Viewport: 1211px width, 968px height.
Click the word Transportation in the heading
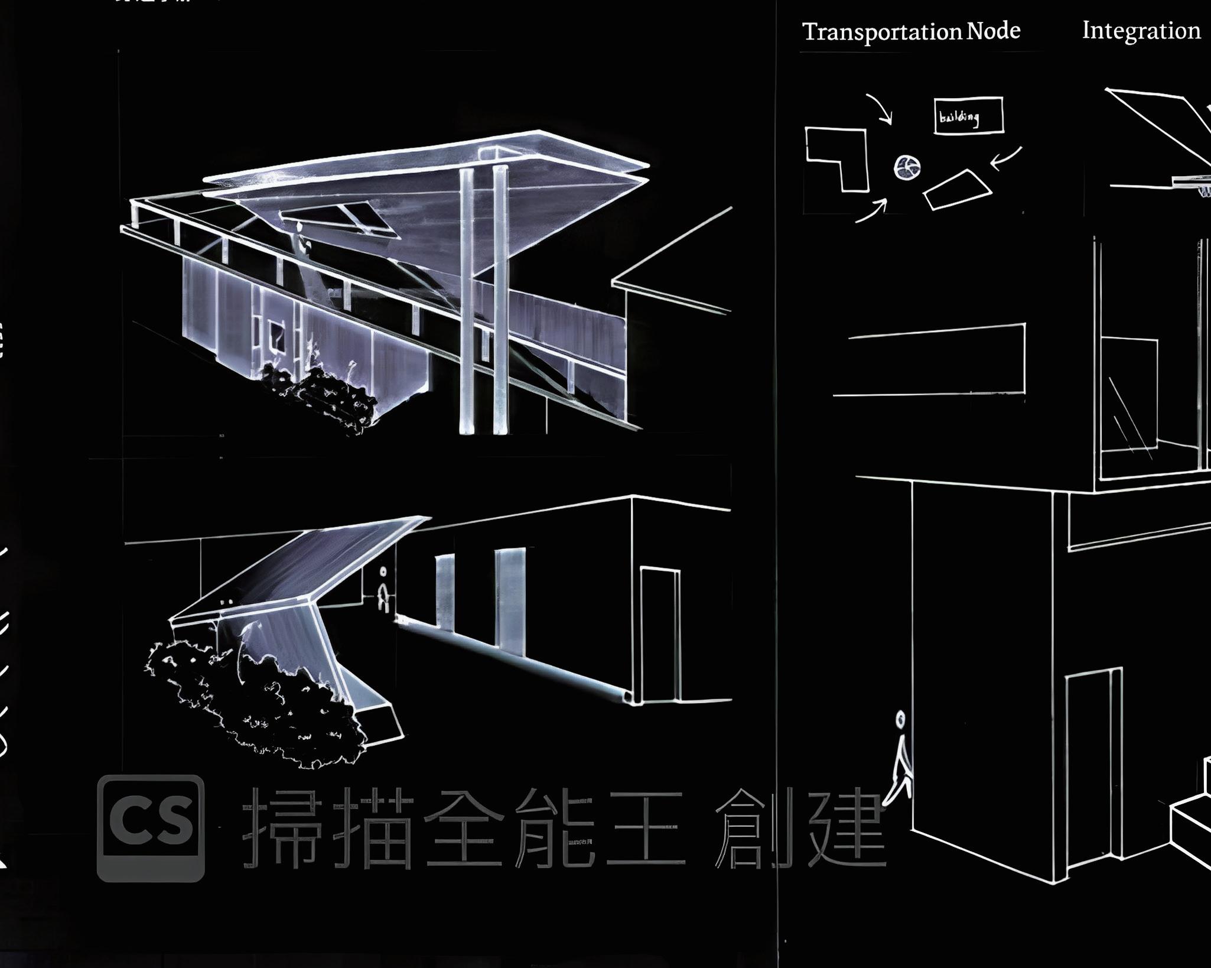tap(883, 32)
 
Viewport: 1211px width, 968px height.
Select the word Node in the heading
tap(994, 31)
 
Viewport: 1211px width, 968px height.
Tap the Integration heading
tap(1141, 31)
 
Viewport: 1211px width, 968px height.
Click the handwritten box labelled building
tap(968, 116)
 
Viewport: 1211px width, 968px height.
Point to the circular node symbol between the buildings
tap(907, 167)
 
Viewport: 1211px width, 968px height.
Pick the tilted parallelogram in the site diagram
tap(957, 190)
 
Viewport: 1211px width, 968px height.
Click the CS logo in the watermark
tap(151, 827)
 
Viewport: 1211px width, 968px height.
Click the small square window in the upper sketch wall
tap(276, 335)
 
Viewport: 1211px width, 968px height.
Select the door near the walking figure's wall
tap(1093, 762)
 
